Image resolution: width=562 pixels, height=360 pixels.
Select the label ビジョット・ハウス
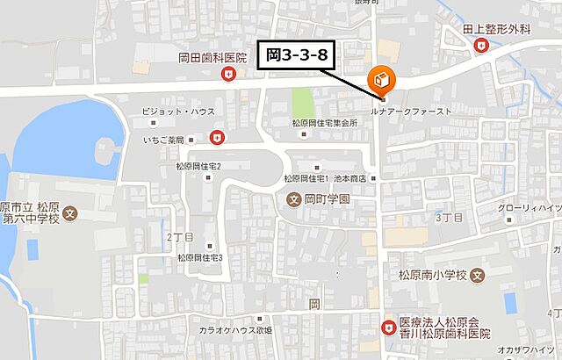click(182, 112)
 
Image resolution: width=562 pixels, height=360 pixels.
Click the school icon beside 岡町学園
click(294, 199)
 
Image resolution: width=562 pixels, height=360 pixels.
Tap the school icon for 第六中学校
click(71, 212)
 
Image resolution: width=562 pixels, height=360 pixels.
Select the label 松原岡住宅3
click(200, 257)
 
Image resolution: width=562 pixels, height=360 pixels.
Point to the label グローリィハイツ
click(530, 207)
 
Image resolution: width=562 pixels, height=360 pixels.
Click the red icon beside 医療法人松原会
click(387, 328)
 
